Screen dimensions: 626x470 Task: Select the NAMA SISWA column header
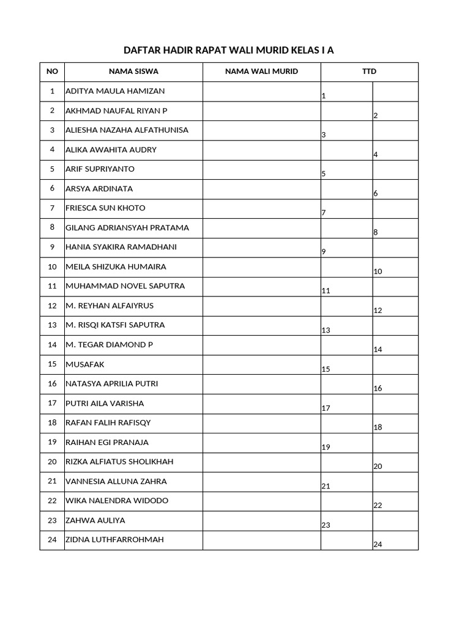(133, 72)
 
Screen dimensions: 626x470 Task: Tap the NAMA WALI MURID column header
(261, 72)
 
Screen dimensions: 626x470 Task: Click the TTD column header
(369, 72)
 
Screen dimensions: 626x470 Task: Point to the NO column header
(52, 72)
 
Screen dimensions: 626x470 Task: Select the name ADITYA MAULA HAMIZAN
(115, 91)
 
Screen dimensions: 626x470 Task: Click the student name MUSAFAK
(85, 364)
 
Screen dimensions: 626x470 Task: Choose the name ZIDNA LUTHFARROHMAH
(114, 540)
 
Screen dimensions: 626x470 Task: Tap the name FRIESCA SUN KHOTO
(105, 208)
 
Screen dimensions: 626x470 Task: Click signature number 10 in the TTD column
(378, 271)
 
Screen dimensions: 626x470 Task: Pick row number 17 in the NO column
(52, 403)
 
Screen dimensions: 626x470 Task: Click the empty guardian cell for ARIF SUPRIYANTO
(262, 169)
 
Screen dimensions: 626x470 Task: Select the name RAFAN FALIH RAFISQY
(108, 422)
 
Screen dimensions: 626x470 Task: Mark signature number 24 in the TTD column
(378, 545)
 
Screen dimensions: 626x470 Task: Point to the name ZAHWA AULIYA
(95, 520)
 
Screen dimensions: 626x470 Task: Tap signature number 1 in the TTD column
(324, 96)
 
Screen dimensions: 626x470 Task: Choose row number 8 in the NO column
(52, 228)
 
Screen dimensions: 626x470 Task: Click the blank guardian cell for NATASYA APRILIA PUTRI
(262, 384)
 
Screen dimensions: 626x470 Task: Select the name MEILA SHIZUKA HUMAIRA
(116, 267)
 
